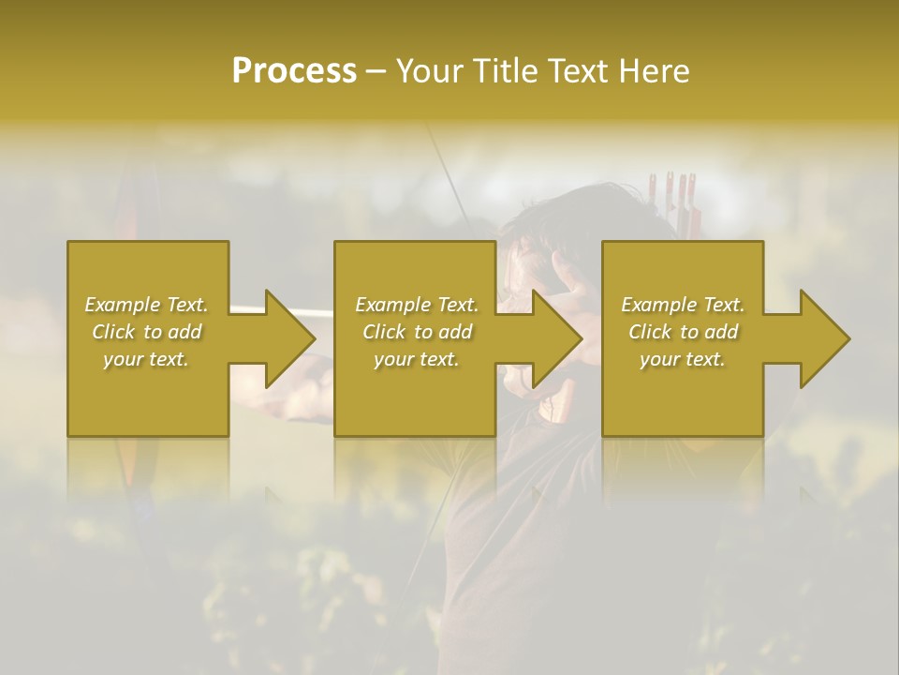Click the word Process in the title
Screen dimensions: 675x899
294,71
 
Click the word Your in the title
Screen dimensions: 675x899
429,71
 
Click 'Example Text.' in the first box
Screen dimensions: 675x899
146,305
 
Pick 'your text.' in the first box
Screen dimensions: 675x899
146,359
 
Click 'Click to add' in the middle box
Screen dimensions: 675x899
417,332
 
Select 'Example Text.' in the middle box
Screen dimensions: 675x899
417,305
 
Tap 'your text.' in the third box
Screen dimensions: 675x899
683,359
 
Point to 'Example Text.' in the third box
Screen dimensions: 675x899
683,305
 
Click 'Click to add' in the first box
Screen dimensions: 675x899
146,332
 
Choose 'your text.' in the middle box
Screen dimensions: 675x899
417,359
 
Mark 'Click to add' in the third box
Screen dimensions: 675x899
683,332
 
